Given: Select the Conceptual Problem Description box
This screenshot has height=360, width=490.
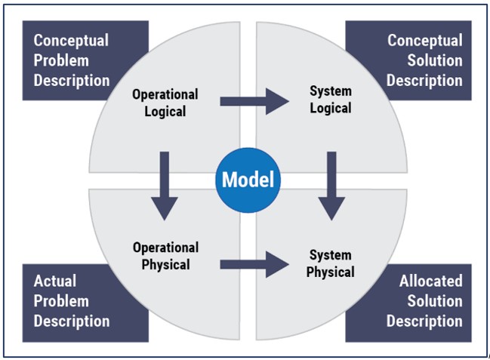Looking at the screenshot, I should coord(71,60).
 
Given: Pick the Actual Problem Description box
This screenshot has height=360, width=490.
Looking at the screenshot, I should coord(71,301).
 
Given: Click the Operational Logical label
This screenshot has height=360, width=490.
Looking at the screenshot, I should coord(165,103).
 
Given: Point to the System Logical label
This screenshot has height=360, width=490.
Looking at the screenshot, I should coord(331,100).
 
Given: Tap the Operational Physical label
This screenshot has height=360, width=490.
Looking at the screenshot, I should coord(165,256).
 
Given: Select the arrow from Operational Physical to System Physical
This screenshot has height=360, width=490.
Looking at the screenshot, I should coord(255,263).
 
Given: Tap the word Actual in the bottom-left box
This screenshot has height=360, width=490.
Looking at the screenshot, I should coord(54,281).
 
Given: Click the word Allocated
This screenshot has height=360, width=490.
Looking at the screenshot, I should coord(431,281).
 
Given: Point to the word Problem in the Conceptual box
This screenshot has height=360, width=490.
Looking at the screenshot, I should coord(61,60).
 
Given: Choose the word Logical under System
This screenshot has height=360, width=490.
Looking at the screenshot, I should coord(331,108).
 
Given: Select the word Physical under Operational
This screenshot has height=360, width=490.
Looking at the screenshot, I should coord(165,264).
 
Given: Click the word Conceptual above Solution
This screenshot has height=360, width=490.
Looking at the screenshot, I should coord(425,41).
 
